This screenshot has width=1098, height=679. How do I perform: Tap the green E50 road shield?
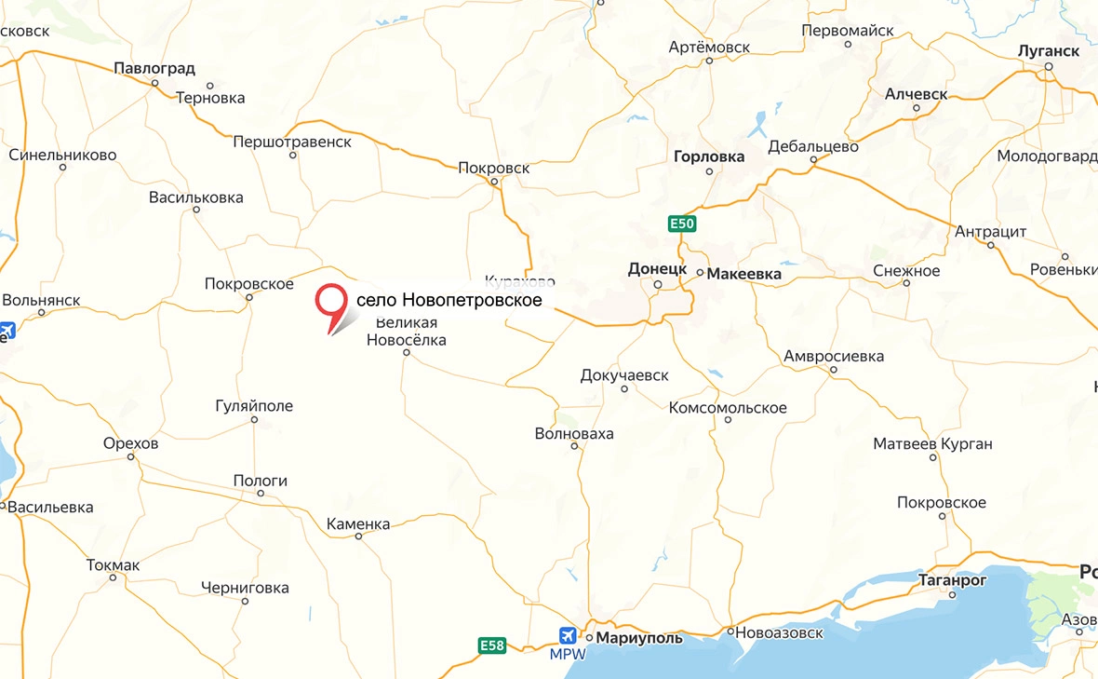[x=681, y=224]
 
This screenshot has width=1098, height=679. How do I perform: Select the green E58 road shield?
[x=492, y=645]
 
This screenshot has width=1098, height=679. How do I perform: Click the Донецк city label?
[x=657, y=268]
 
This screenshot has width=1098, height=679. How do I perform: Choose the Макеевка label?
[x=744, y=274]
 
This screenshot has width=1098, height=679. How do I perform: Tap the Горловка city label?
[x=709, y=156]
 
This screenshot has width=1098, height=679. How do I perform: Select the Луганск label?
[x=1049, y=50]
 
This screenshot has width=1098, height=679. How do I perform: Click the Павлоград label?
[x=154, y=68]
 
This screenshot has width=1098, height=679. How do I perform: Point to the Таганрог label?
[x=952, y=578]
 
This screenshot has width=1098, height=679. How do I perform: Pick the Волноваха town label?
[x=574, y=433]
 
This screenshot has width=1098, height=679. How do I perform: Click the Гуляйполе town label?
[x=254, y=405]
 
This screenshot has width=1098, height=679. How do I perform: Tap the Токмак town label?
[x=113, y=564]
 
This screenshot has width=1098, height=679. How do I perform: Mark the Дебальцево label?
[x=813, y=146]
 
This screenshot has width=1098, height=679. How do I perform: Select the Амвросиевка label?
[x=834, y=356]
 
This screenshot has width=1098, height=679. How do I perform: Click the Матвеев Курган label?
[x=932, y=444]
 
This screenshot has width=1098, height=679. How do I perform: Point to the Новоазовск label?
[x=780, y=633]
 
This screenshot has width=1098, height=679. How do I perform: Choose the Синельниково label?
[x=62, y=155]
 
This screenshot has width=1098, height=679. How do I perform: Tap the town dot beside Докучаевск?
[x=624, y=388]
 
